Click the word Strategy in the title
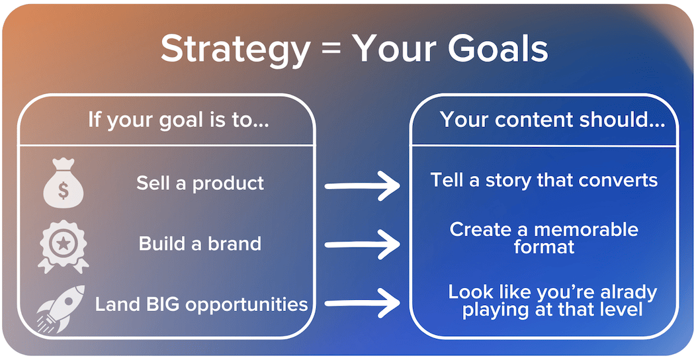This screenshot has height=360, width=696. pos(235,50)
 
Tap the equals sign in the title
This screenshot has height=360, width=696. pos(331,50)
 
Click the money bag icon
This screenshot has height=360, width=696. pos(63,183)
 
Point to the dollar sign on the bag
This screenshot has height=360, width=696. pos(64,191)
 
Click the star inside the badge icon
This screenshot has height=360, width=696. pos(64,243)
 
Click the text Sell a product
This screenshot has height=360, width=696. pos(200,183)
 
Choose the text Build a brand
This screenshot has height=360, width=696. pos(200,244)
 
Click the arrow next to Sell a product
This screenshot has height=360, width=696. pos(362,185)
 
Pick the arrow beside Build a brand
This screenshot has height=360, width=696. pos(362,245)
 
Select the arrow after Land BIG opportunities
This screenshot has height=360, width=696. pos(362,303)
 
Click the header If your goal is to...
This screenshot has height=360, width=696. pos(179,121)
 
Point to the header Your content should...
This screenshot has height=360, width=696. pos(552,120)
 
